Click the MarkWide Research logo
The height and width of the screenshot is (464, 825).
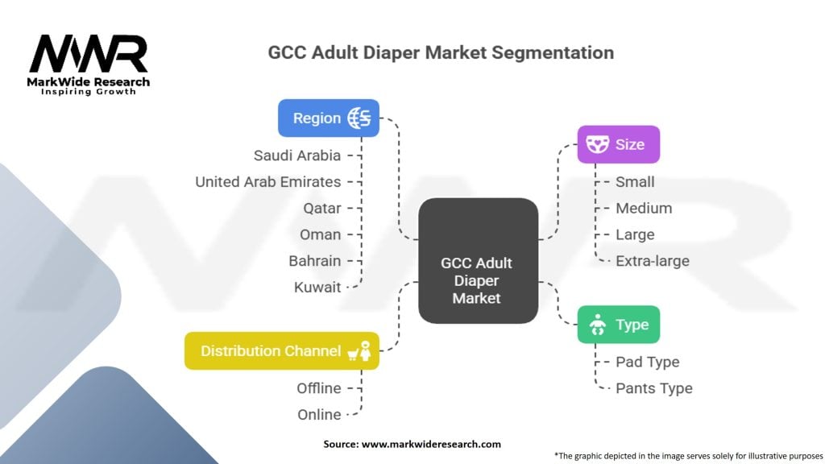(89, 64)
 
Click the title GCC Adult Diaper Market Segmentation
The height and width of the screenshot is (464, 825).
(441, 52)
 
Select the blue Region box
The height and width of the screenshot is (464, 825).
(329, 118)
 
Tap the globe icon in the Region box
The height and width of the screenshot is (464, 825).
(359, 118)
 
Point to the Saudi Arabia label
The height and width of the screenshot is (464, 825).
(297, 155)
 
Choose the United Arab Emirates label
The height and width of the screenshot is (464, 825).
(267, 182)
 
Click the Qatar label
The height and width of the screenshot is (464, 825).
(322, 209)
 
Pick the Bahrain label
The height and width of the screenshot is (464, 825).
(315, 261)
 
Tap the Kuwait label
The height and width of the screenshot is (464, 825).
(317, 288)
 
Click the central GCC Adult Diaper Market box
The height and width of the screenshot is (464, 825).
(479, 261)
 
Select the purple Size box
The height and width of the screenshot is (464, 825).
(618, 144)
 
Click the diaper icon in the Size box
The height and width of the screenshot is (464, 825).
(597, 144)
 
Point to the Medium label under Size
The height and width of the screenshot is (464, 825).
(644, 209)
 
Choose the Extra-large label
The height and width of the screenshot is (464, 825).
(653, 261)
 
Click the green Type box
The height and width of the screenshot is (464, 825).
(618, 325)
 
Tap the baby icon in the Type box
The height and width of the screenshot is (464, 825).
(597, 325)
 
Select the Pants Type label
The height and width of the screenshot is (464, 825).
(654, 388)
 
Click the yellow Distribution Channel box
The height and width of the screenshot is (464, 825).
(281, 351)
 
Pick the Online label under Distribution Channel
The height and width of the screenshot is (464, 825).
(319, 415)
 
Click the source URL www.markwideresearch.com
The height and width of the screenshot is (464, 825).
(432, 444)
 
